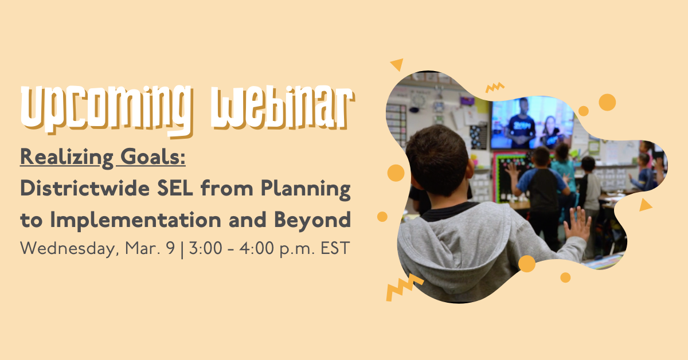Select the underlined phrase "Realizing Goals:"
tap(103, 156)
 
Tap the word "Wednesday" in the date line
tap(65, 249)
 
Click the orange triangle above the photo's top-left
tap(397, 65)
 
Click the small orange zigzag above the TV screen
tap(494, 87)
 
